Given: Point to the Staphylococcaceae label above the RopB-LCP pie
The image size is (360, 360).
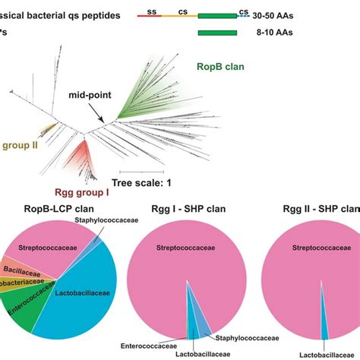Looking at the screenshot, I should tap(104, 220).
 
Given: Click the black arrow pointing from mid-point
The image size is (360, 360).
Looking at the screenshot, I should tap(103, 112).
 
